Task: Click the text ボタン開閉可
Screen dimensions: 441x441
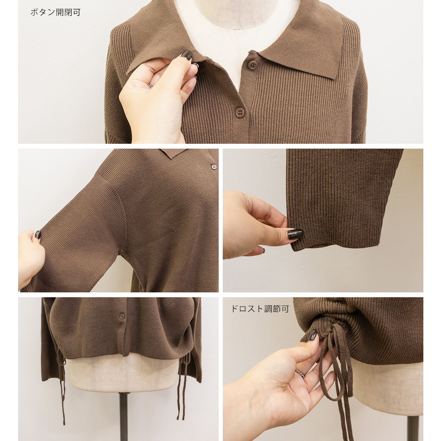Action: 56,12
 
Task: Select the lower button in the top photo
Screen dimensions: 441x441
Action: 239,112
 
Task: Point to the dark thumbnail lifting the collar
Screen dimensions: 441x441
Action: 187,55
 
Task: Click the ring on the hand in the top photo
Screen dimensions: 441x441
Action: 150,85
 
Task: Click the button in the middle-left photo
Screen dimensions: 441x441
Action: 214,167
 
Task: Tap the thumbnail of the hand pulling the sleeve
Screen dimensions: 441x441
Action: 37,235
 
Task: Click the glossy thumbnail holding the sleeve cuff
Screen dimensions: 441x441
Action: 295,234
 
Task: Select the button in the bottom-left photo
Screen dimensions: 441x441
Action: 122,316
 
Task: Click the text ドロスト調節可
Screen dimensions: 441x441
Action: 260,309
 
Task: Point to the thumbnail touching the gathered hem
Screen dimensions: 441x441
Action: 312,335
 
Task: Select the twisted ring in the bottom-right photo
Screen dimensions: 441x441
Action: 300,373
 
